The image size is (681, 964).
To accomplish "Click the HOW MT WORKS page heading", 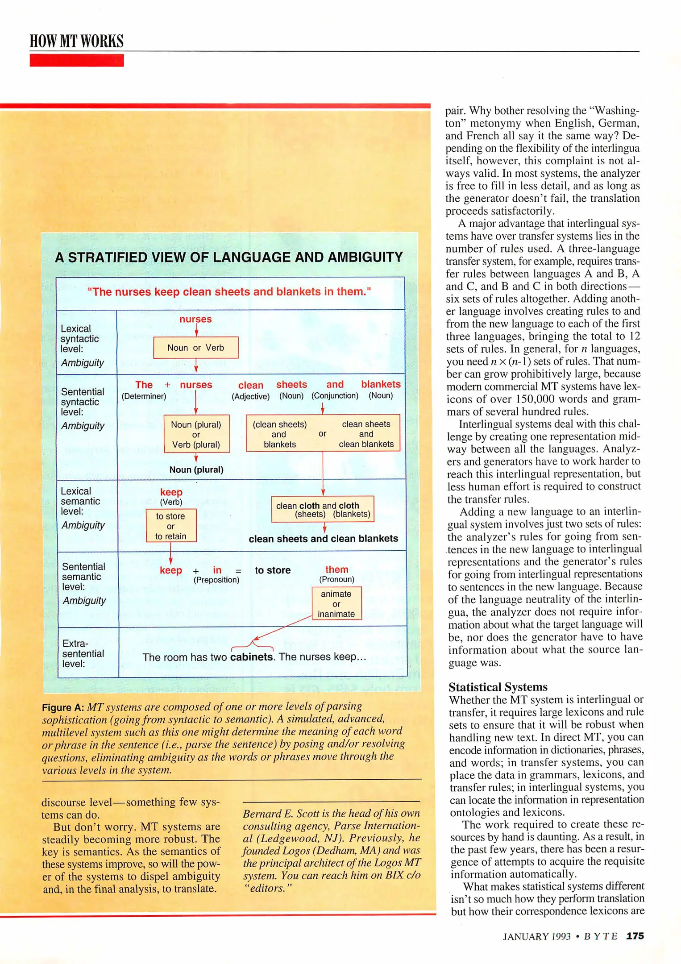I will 76,41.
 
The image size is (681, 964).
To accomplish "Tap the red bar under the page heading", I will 76,60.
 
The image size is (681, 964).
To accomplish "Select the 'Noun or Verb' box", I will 195,348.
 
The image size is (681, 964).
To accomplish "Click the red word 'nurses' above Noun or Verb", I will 195,319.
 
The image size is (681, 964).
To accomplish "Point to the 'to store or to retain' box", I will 171,526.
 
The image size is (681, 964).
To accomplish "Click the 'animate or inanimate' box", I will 336,603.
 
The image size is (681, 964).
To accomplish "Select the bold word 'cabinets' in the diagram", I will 252,657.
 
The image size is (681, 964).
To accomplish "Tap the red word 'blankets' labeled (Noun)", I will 380,384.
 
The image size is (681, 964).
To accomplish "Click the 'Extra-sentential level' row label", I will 83,653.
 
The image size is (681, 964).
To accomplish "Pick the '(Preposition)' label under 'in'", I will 216,580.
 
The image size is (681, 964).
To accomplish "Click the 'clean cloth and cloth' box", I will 323,509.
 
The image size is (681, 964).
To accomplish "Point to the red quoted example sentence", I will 229,292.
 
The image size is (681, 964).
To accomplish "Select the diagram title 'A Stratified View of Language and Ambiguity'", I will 228,258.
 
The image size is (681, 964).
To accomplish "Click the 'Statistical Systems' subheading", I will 498,687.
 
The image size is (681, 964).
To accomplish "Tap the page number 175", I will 635,936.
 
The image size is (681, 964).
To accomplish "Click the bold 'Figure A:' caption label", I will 63,707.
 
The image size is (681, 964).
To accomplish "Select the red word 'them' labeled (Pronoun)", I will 336,569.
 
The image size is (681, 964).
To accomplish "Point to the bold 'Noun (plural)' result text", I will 196,470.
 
